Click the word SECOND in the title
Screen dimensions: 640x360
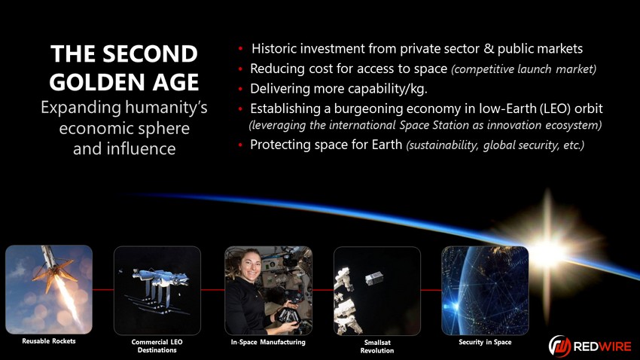150,54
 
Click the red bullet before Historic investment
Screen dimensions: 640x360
241,49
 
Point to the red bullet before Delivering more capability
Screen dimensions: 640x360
241,89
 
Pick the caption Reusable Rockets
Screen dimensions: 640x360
49,341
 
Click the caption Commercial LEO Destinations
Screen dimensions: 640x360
157,346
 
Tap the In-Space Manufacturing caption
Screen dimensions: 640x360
268,342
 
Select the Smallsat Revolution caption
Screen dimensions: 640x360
377,346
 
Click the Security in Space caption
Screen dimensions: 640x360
485,342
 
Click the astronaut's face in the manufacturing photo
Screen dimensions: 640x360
251,265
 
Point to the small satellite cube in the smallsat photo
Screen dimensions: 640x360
374,279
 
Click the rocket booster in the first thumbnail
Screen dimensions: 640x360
52,266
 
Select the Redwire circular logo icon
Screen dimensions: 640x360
559,346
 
